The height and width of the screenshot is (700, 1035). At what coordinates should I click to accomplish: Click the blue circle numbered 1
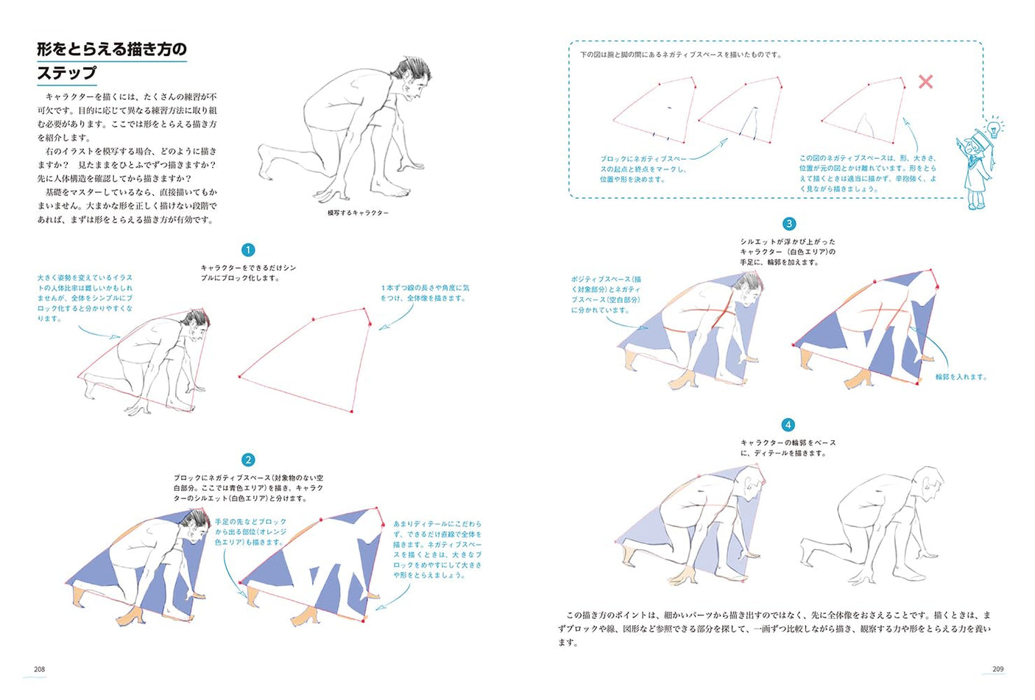pyautogui.click(x=248, y=250)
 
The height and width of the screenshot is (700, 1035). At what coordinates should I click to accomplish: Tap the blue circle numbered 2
pyautogui.click(x=248, y=460)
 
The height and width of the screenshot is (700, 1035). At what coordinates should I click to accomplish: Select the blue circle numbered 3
pyautogui.click(x=788, y=224)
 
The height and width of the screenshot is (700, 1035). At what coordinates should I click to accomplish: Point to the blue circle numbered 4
pyautogui.click(x=788, y=425)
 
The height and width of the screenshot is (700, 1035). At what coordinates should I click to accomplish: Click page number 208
pyautogui.click(x=40, y=669)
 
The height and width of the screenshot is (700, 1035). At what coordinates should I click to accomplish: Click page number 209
pyautogui.click(x=997, y=669)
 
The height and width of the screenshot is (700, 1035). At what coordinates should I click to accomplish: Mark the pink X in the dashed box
pyautogui.click(x=925, y=82)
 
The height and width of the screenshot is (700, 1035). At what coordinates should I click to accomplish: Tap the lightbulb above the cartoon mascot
pyautogui.click(x=994, y=129)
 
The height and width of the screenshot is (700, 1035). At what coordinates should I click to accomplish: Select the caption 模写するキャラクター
pyautogui.click(x=358, y=213)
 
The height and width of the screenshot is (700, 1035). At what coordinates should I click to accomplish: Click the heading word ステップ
pyautogui.click(x=67, y=73)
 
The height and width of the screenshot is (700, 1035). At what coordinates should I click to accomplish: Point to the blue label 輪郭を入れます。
pyautogui.click(x=961, y=377)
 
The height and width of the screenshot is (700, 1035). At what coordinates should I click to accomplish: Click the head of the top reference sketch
pyautogui.click(x=412, y=81)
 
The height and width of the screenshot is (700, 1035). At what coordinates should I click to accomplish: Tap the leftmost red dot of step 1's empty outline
pyautogui.click(x=240, y=377)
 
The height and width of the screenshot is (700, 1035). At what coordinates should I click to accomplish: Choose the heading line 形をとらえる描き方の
pyautogui.click(x=112, y=49)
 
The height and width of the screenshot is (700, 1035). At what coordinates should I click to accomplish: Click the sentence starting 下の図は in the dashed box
pyautogui.click(x=680, y=54)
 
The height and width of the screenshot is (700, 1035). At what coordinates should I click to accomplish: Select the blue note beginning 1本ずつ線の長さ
pyautogui.click(x=424, y=293)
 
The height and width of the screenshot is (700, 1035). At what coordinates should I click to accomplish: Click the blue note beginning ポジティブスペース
pyautogui.click(x=606, y=294)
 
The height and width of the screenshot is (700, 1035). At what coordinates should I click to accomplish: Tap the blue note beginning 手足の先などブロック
pyautogui.click(x=250, y=531)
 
